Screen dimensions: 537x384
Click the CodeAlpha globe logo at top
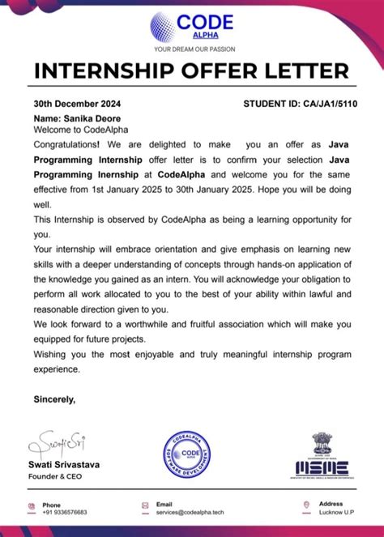click(162, 26)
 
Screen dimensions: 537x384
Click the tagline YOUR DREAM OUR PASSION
click(192, 49)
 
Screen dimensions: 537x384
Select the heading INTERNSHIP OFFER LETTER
click(192, 71)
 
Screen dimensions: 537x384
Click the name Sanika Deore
click(83, 117)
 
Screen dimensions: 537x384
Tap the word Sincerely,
click(54, 398)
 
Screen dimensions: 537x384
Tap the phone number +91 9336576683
click(65, 513)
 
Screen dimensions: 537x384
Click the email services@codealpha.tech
click(189, 513)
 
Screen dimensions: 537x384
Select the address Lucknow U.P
click(336, 513)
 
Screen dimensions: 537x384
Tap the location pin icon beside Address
click(307, 508)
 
